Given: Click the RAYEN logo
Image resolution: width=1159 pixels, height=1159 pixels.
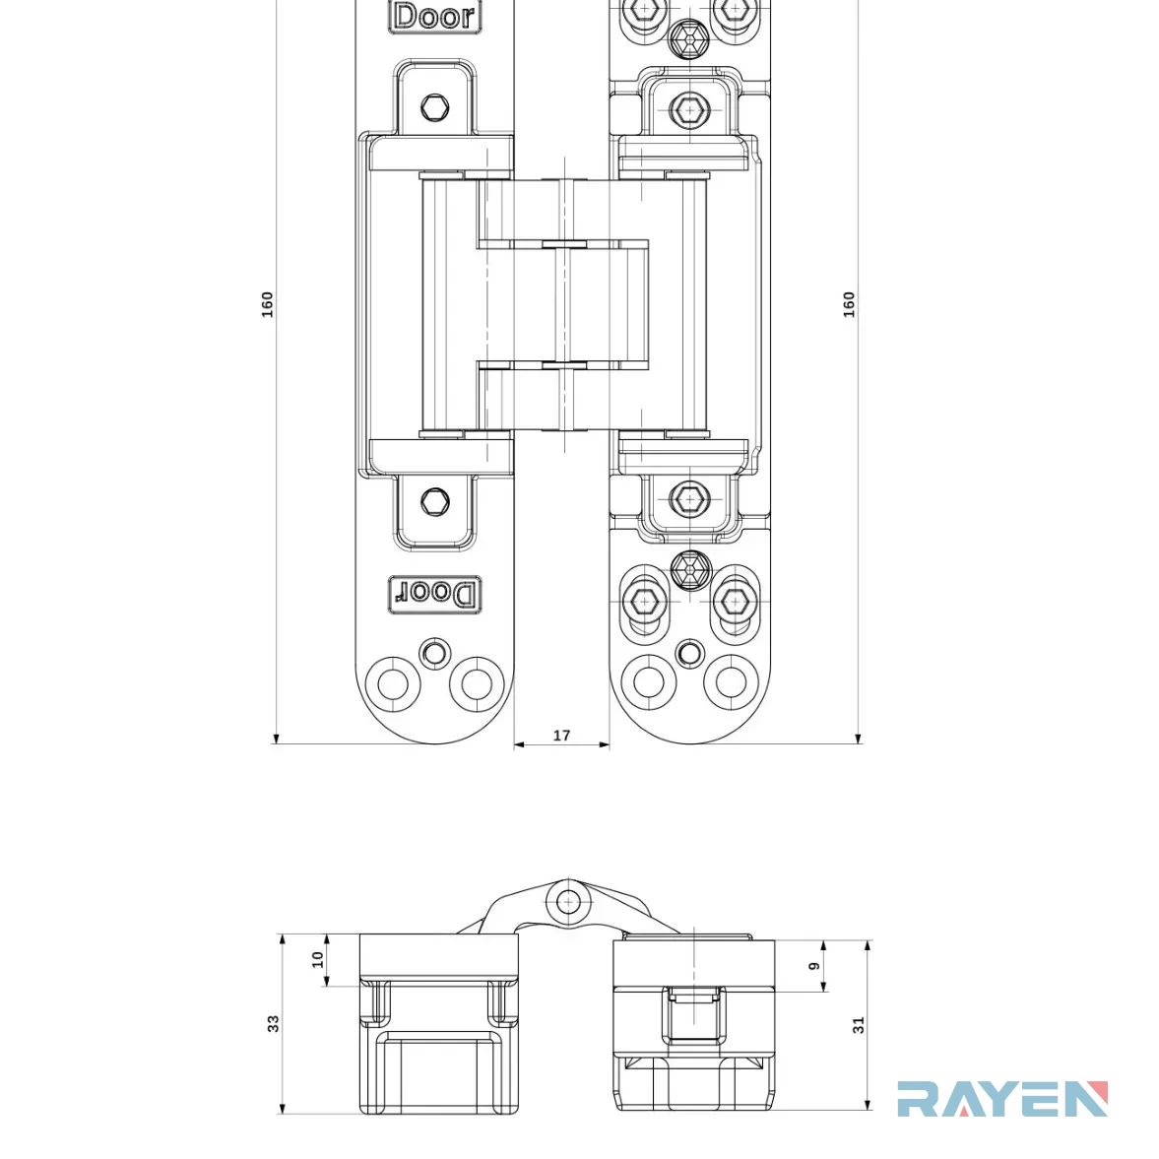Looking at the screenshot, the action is click(x=1002, y=1098).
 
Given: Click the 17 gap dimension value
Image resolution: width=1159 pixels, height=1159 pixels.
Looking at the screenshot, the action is click(x=561, y=736).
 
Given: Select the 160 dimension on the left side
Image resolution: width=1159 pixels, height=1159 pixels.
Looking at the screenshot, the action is click(x=267, y=304).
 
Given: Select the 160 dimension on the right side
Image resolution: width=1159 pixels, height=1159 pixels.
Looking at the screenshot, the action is click(x=849, y=304).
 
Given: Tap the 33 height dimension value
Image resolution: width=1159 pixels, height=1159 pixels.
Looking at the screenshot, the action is click(x=274, y=1024).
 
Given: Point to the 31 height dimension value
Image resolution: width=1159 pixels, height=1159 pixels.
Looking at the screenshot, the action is click(x=858, y=1025).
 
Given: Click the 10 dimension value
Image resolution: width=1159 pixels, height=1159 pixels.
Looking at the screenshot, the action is click(x=318, y=959).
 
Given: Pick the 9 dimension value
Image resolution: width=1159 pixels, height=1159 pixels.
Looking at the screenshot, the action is click(x=814, y=966).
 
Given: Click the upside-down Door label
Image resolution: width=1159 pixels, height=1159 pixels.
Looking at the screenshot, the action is click(x=434, y=594).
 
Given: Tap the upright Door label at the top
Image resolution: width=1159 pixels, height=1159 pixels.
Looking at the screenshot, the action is click(x=434, y=16).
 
